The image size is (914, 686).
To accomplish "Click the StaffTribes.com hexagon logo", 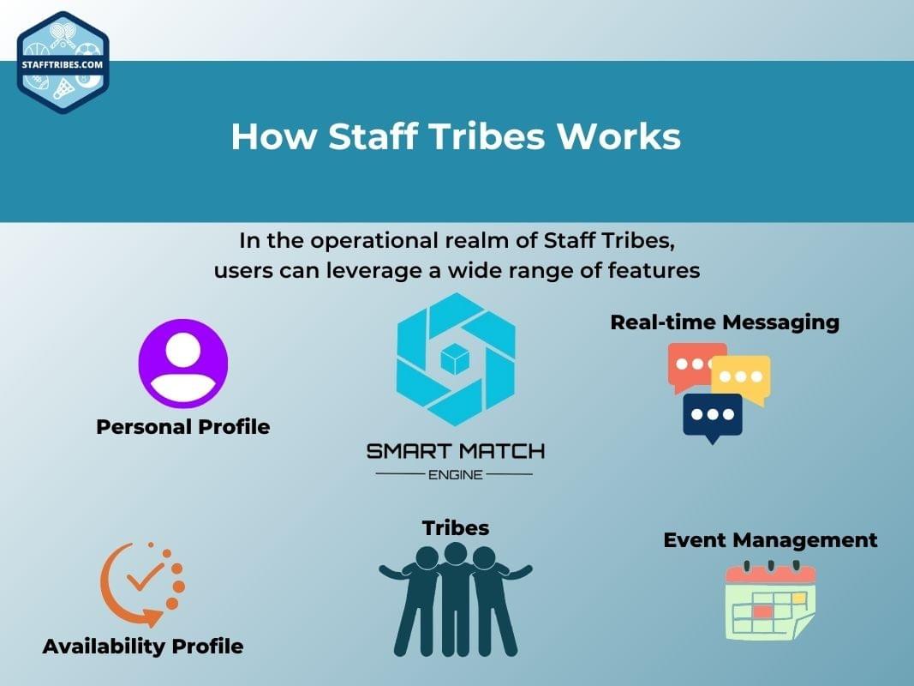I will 63,63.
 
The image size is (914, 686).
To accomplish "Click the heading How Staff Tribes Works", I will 456,137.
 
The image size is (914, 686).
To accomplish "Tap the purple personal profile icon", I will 183,364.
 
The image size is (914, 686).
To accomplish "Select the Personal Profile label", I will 183,426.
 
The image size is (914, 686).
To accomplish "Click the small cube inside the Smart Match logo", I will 455,359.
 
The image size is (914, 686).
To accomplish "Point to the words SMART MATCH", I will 455,451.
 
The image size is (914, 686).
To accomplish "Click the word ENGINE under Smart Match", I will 455,474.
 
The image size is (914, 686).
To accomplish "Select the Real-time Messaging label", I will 725,322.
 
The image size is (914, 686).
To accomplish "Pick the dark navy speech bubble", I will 712,416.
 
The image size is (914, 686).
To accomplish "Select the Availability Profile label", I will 143,646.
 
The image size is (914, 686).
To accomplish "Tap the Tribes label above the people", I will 455,527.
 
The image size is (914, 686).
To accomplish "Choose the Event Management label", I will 770,540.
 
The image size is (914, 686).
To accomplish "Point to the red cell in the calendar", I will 762,612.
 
